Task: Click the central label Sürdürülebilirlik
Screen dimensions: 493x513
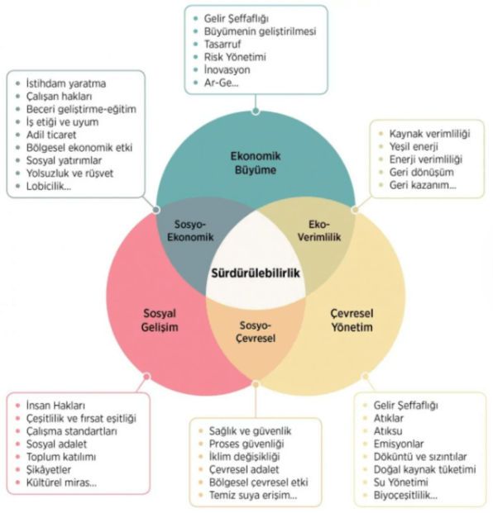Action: click(x=256, y=273)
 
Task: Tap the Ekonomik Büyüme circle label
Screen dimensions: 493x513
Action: click(x=256, y=163)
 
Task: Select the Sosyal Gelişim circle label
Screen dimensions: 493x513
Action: click(x=160, y=320)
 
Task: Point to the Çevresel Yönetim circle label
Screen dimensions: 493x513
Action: click(x=352, y=320)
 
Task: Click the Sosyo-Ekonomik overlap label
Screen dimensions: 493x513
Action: click(x=190, y=230)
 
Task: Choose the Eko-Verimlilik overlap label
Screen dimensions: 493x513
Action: click(x=319, y=230)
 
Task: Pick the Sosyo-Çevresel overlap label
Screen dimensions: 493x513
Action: click(x=256, y=332)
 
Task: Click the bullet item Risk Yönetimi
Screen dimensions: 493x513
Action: click(x=235, y=57)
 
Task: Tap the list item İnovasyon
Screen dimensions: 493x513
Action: click(x=227, y=69)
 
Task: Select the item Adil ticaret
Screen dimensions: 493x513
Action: click(x=51, y=135)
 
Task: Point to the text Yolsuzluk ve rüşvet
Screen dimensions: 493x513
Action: click(x=69, y=173)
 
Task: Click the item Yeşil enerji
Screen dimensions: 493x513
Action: click(x=414, y=146)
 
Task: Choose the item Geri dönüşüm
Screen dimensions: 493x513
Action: click(x=422, y=172)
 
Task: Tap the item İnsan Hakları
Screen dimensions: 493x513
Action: click(x=55, y=406)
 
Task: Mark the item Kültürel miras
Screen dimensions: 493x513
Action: click(x=61, y=482)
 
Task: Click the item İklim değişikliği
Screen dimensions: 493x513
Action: click(x=244, y=456)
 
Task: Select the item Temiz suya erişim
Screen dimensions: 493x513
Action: click(x=253, y=495)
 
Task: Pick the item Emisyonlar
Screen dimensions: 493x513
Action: click(x=399, y=444)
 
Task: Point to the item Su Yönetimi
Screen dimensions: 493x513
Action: click(x=401, y=482)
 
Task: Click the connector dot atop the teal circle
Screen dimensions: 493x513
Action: click(x=256, y=112)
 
